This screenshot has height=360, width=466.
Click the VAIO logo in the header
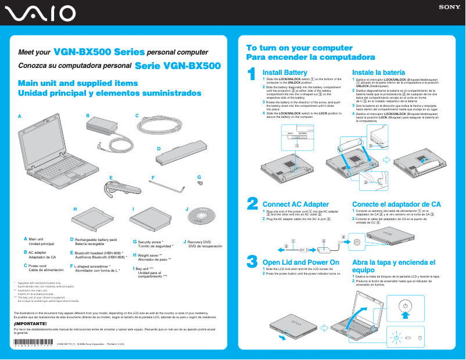coord(38,13)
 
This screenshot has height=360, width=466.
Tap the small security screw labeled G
coord(200,183)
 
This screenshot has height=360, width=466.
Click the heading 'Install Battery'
coord(285,72)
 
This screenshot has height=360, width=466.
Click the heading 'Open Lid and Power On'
coord(300,262)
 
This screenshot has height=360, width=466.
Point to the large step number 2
coord(252,203)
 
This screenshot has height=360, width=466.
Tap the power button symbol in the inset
coord(405,305)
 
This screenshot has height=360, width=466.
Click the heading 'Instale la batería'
coord(379,72)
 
